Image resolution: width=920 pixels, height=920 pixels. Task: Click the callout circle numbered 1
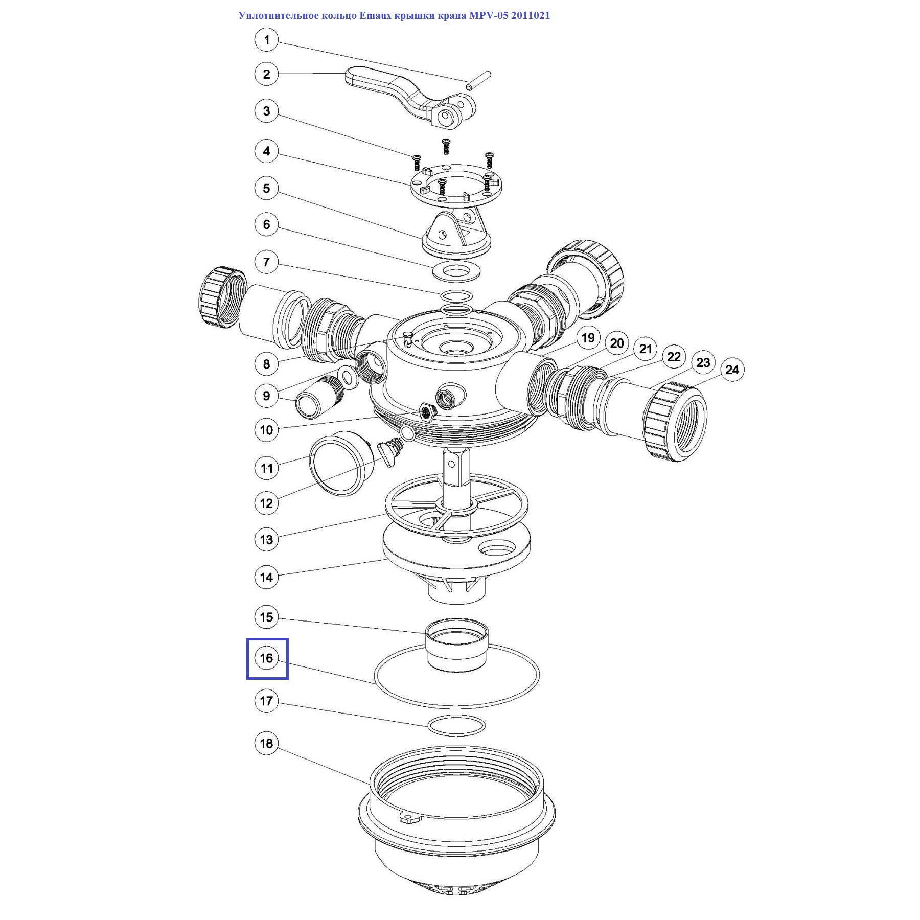pos(266,39)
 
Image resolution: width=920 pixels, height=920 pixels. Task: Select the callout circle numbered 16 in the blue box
pos(266,658)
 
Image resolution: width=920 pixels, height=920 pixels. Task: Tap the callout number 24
pos(732,370)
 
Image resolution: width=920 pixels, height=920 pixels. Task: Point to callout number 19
pos(588,338)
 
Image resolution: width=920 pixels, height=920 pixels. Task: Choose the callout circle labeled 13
pos(266,539)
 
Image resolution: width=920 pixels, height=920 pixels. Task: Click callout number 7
pos(266,262)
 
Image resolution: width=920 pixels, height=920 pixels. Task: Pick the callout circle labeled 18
pos(266,743)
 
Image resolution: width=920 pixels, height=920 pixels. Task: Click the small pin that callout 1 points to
pos(478,81)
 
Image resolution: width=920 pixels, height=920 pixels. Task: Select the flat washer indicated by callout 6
pos(456,271)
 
